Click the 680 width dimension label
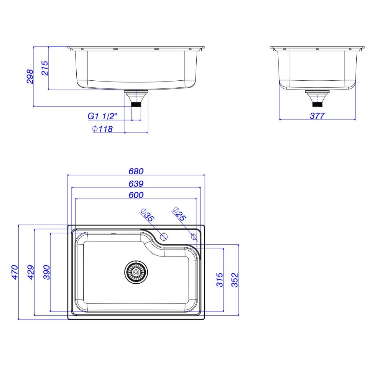tap(136, 171)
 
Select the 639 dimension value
tap(136, 184)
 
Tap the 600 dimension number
tap(136, 195)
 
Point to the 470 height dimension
tap(15, 272)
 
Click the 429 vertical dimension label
tap(31, 272)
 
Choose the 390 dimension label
tap(47, 272)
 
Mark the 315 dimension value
tap(220, 279)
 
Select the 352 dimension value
tap(235, 280)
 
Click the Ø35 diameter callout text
tap(147, 215)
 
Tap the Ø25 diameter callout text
tap(179, 214)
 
